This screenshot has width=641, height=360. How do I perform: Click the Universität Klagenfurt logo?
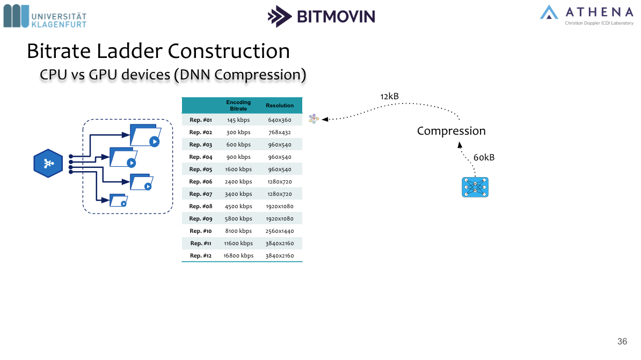coord(45,16)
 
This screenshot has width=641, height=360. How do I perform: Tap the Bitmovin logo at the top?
coord(322,16)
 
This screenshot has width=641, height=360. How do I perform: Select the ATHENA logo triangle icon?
coord(549,12)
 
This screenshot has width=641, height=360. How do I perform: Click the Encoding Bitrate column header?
coord(238,106)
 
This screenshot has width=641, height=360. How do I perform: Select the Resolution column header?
coord(280,106)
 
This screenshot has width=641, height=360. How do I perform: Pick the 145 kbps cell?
coord(238,120)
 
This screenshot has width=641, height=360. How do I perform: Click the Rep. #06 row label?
coord(201,182)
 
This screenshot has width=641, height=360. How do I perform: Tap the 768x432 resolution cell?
coord(280,133)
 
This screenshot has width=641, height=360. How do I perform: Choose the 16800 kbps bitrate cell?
coord(238,256)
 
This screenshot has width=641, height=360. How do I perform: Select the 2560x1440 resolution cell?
coord(280,231)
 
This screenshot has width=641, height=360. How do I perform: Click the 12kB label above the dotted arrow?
coord(390,97)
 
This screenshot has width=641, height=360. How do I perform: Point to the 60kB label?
coord(484,158)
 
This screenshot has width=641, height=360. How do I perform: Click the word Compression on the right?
coord(451,131)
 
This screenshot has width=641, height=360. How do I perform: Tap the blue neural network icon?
coord(475,187)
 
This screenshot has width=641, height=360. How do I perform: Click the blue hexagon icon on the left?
coord(48,164)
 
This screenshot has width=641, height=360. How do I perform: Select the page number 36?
coord(622,342)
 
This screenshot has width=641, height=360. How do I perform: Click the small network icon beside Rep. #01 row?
coord(314,119)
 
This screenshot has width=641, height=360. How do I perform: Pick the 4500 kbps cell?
coord(238,207)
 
